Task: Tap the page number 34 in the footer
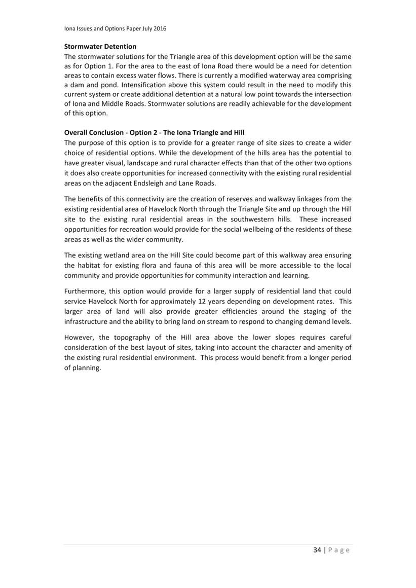point(317,550)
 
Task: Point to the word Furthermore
point(85,291)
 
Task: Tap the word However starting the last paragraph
point(79,338)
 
